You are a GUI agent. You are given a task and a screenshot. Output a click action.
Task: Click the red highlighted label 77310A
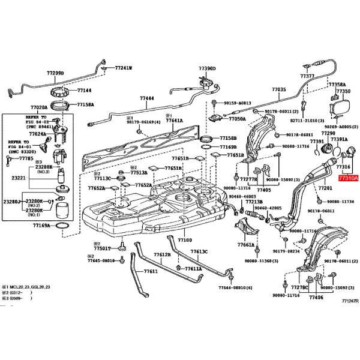347,178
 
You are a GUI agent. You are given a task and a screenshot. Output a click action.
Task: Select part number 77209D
55,73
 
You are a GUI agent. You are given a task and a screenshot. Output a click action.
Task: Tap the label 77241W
124,68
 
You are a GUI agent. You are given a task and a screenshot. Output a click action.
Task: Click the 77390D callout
207,69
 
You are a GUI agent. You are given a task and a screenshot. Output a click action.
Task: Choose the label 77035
278,89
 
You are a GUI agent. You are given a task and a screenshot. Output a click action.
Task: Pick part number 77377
307,77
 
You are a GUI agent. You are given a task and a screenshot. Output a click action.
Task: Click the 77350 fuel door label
343,91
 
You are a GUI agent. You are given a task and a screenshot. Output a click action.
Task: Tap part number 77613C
199,251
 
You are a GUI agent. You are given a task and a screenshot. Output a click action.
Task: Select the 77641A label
174,121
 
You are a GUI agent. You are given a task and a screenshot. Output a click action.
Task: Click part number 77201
325,188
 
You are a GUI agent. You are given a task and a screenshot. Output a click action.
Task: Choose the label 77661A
245,245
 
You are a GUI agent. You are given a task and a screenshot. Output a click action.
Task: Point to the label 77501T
102,248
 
